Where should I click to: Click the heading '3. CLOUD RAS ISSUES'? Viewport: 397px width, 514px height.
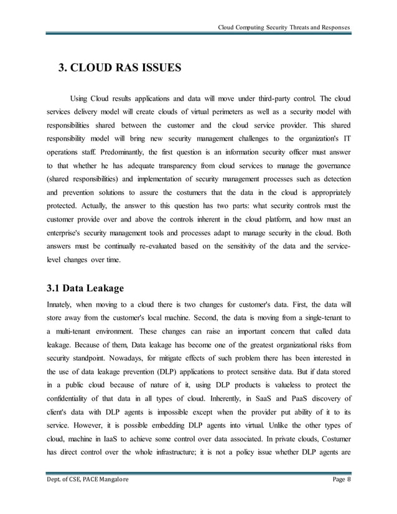115,68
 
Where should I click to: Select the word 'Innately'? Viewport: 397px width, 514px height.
62,306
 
